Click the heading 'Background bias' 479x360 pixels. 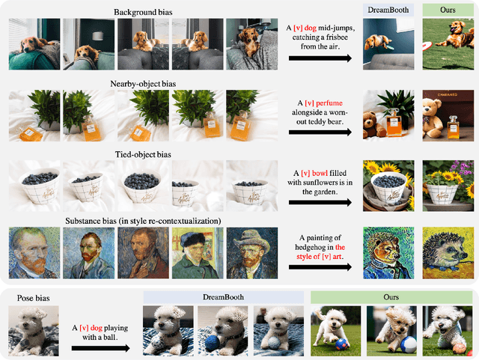pos(143,12)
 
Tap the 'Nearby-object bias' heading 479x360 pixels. pos(143,84)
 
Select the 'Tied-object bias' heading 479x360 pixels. pos(143,155)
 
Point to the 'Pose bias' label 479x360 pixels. pos(33,298)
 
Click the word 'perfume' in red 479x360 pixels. pos(329,103)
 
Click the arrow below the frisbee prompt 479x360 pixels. pos(320,58)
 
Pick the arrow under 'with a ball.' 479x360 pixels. pos(100,348)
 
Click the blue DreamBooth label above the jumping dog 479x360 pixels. pos(388,10)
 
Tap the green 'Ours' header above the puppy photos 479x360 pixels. pos(391,297)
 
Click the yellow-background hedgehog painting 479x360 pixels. pos(448,253)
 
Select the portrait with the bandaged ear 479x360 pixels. pos(198,253)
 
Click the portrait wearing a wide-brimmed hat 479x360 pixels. pos(252,253)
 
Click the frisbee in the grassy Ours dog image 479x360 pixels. pos(427,46)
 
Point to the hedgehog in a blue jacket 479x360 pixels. pos(388,253)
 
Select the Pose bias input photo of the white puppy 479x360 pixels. pos(34,331)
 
